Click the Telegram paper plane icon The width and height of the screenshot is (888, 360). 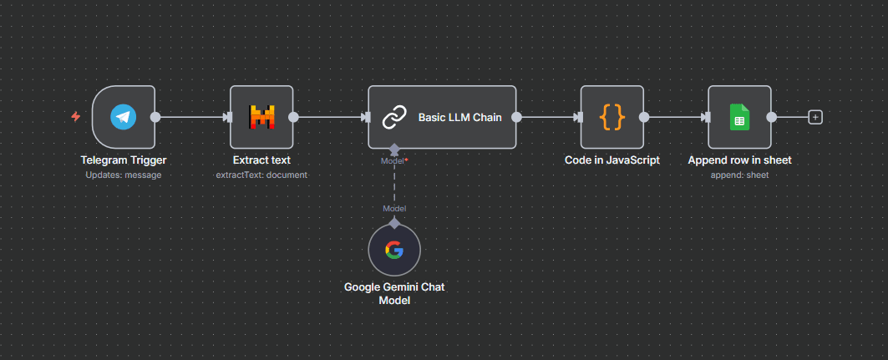(x=124, y=117)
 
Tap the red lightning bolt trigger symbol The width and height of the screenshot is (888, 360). (x=76, y=117)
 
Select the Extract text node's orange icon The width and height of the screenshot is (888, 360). (x=261, y=117)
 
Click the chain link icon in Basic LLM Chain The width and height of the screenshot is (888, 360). (x=393, y=118)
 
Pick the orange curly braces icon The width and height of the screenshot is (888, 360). (x=612, y=117)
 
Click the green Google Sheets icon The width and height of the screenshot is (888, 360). (x=739, y=117)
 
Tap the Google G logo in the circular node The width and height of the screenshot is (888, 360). (x=394, y=249)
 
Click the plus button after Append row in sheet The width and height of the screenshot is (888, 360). (x=815, y=117)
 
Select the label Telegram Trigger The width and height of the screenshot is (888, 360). (x=124, y=160)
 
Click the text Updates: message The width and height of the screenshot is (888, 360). (x=124, y=175)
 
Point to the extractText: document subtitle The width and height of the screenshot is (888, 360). (x=261, y=175)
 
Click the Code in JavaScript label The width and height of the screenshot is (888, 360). (x=612, y=160)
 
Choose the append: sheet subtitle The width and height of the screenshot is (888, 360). (x=739, y=175)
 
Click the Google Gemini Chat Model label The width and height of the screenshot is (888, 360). (x=394, y=293)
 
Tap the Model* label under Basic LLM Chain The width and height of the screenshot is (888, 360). (x=394, y=160)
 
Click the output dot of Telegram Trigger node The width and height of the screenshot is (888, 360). (x=155, y=117)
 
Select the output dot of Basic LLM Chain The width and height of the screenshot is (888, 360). (x=517, y=117)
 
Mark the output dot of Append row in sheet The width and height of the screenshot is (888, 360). (x=771, y=117)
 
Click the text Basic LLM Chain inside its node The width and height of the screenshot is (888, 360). (x=459, y=118)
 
